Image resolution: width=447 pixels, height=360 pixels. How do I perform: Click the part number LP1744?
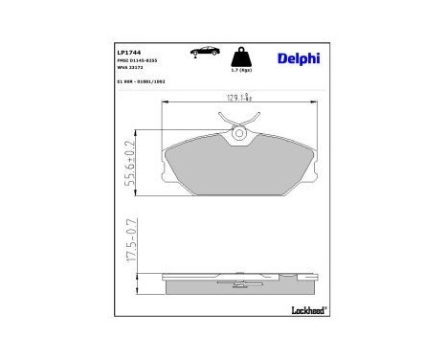tap(129, 52)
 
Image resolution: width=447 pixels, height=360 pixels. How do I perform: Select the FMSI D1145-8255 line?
tap(138, 60)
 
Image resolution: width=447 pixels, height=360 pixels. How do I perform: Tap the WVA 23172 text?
tap(130, 69)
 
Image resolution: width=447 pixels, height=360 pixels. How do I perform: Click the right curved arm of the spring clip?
tap(251, 122)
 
